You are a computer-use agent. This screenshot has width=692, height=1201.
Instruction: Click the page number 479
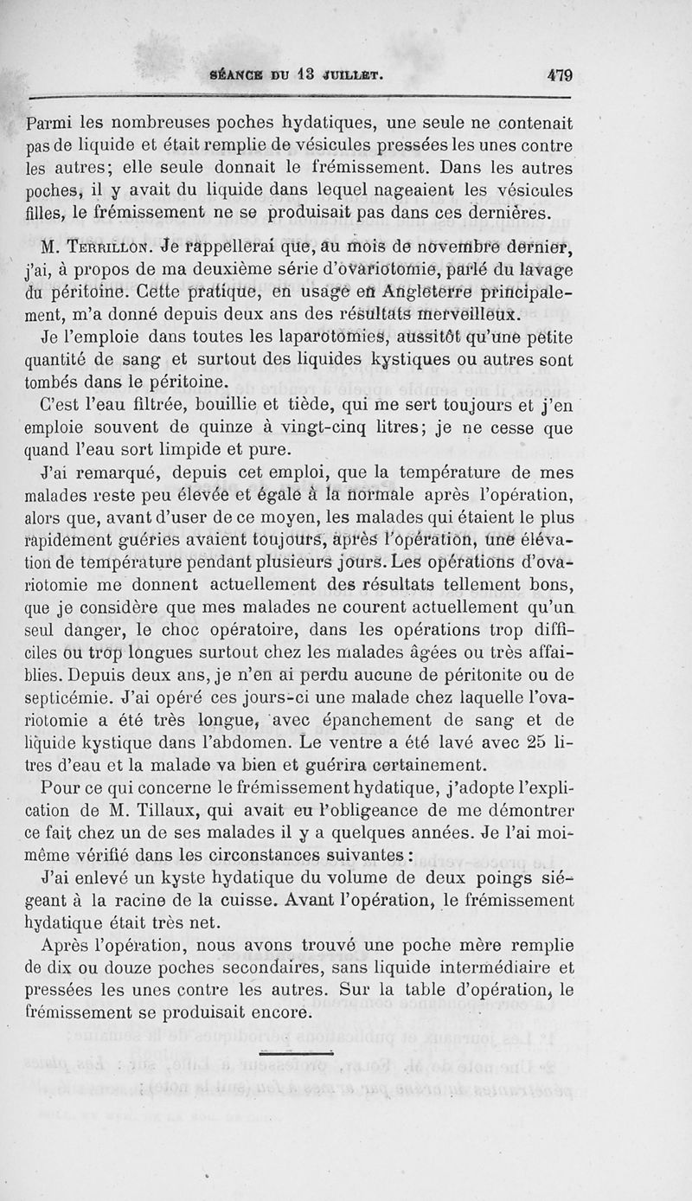[560, 75]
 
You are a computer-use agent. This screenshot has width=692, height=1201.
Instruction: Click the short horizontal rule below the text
[296, 1052]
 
